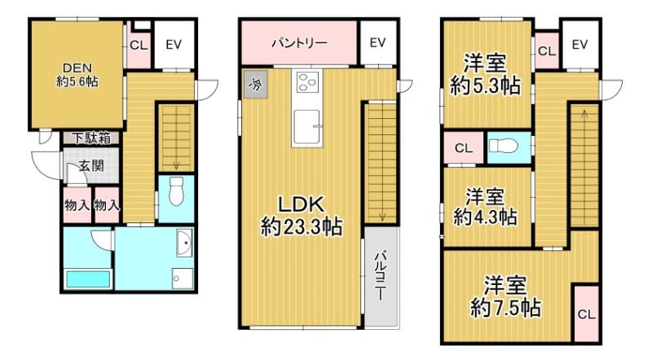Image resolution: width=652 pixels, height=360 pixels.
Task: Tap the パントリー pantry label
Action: (299, 43)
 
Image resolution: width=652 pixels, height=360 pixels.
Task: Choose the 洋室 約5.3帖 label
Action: (487, 75)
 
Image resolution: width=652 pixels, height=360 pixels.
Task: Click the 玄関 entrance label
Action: (90, 167)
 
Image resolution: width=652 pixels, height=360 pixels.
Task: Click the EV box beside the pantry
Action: (377, 43)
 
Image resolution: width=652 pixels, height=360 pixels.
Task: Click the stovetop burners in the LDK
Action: (307, 81)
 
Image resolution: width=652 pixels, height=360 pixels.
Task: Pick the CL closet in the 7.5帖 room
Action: (585, 314)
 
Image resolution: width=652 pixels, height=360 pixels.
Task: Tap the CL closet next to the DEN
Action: (138, 45)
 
